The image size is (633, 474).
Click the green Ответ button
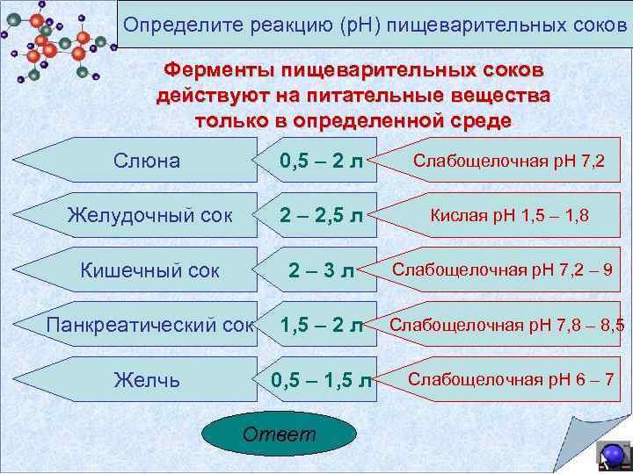(280, 435)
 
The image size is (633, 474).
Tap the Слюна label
(147, 161)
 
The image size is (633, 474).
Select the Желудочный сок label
(150, 215)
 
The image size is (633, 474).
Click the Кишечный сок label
(150, 270)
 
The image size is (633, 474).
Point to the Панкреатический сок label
(149, 325)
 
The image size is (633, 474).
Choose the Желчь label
(147, 379)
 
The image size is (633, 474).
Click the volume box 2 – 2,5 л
(318, 215)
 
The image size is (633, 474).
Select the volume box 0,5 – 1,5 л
(318, 379)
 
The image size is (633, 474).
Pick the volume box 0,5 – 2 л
(318, 161)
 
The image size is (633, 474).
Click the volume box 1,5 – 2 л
(318, 325)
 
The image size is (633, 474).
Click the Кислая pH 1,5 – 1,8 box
(509, 214)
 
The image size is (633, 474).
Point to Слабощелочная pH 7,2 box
(509, 161)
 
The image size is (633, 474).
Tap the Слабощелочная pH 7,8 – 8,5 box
(506, 325)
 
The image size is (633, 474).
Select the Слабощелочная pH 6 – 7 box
(511, 379)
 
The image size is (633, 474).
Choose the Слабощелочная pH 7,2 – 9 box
(506, 269)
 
